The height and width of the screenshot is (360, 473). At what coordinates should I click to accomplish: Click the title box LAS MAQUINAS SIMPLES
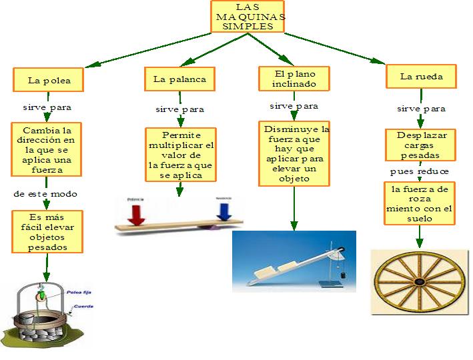(248, 17)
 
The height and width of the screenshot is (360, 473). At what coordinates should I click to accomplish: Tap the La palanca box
(179, 79)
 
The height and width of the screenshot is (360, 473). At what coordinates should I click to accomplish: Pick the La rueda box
(420, 77)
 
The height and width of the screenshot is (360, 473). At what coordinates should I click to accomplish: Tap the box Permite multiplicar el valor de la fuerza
(180, 155)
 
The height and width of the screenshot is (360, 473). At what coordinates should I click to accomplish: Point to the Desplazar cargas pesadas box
(421, 145)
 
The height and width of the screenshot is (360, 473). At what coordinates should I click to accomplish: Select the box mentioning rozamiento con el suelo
(420, 203)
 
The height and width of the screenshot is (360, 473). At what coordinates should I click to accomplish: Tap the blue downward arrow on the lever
(223, 211)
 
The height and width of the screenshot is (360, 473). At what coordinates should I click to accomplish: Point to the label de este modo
(45, 194)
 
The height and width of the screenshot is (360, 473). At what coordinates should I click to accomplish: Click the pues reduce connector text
(420, 171)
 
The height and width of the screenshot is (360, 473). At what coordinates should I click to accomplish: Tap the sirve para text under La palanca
(179, 109)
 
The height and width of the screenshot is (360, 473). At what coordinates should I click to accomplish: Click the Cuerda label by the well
(83, 306)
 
